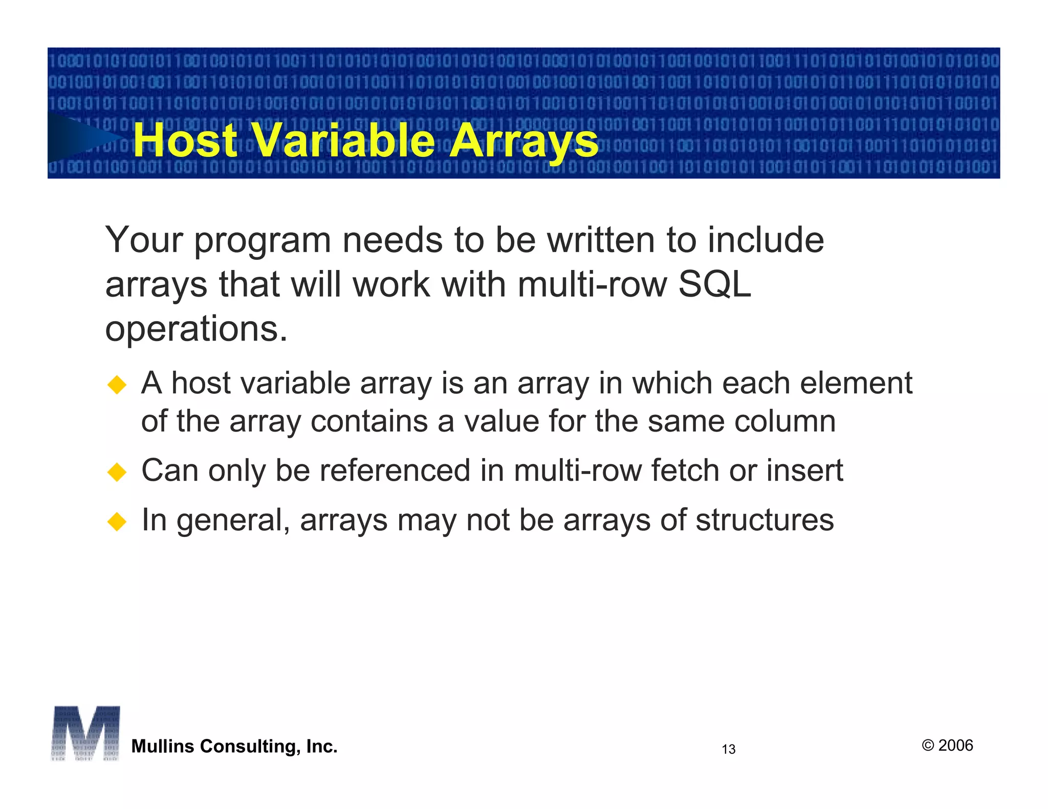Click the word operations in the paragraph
point(196,329)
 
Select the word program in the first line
point(263,241)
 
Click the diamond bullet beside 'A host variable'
point(117,385)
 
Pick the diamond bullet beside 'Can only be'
point(117,471)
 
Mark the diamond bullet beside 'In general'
point(117,522)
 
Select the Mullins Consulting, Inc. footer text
point(234,747)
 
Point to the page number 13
point(728,749)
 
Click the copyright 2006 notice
point(947,746)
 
